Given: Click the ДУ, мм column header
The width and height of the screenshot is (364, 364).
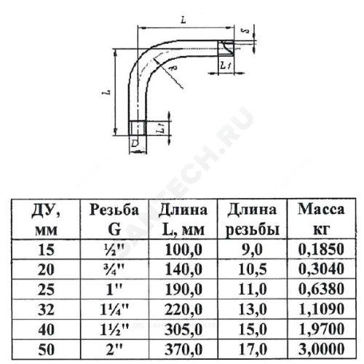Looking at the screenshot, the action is click(46, 219).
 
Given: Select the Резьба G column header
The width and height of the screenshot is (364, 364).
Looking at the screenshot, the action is click(114, 219).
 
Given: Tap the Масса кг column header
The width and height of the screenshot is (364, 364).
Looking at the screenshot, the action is click(321, 219).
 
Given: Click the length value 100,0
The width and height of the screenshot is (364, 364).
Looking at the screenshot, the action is click(183, 250).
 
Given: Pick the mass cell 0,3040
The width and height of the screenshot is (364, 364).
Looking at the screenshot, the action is click(321, 269).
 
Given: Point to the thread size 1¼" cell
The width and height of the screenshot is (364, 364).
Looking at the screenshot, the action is click(114, 309).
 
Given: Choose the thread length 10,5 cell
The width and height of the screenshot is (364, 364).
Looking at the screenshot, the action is click(253, 269).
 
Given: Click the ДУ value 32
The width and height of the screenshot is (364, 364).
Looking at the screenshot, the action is click(46, 309).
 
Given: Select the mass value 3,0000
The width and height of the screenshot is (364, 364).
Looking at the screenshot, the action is click(321, 349).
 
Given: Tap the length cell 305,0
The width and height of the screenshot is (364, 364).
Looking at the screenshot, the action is click(183, 330).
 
